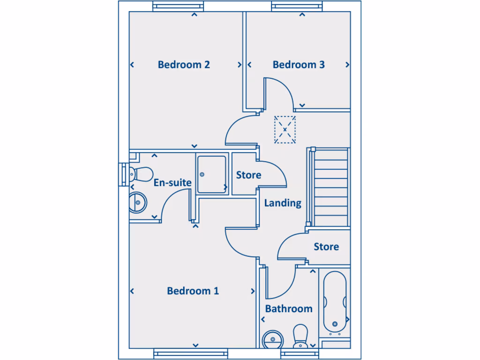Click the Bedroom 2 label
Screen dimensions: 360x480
(x=184, y=65)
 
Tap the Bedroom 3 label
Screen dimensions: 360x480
(x=299, y=65)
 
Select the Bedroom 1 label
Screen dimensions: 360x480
(x=193, y=291)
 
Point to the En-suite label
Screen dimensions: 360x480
(x=172, y=182)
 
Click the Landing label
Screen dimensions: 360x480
(x=283, y=203)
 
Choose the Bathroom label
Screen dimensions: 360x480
(x=289, y=309)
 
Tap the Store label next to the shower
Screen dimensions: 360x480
(x=248, y=175)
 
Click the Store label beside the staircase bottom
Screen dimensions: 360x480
(x=326, y=247)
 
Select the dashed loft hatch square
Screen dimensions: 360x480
(x=285, y=129)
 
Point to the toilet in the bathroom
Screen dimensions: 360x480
(x=300, y=336)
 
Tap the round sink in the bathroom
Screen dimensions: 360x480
(x=271, y=339)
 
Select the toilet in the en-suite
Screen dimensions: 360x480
(x=136, y=173)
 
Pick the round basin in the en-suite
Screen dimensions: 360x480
(x=138, y=202)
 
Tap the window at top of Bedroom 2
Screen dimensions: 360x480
(x=179, y=7)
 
